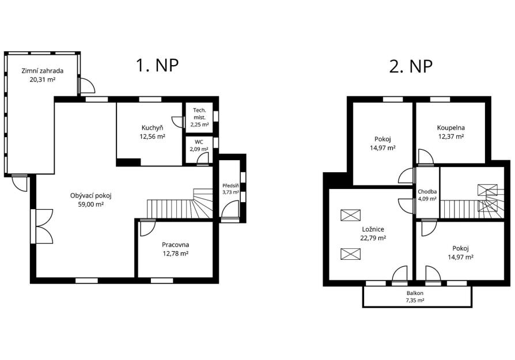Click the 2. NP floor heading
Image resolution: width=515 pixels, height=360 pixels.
tap(411, 66)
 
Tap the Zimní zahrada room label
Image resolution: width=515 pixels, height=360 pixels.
tap(43, 71)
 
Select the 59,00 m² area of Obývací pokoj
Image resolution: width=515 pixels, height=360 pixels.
tap(91, 204)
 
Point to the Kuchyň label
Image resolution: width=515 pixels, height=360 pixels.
tap(153, 128)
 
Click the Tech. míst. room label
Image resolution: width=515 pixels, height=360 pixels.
tap(200, 113)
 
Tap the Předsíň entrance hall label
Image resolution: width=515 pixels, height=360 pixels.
tap(230, 185)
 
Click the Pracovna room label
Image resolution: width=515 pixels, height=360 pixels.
tap(175, 245)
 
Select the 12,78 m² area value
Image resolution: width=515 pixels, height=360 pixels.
tap(175, 253)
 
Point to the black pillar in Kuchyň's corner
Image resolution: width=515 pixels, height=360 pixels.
tap(128, 162)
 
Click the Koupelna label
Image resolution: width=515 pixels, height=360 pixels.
tap(451, 128)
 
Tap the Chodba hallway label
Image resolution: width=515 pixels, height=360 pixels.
tap(427, 191)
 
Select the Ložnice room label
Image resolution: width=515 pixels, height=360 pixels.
tap(373, 229)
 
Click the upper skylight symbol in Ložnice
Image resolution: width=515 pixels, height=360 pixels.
tap(350, 215)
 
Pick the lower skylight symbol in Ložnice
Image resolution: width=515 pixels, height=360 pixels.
tap(350, 254)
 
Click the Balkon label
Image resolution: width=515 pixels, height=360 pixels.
tap(415, 293)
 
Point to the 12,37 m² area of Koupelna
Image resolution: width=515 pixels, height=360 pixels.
tap(451, 137)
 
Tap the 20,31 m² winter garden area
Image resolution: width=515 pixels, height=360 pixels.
tap(43, 79)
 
